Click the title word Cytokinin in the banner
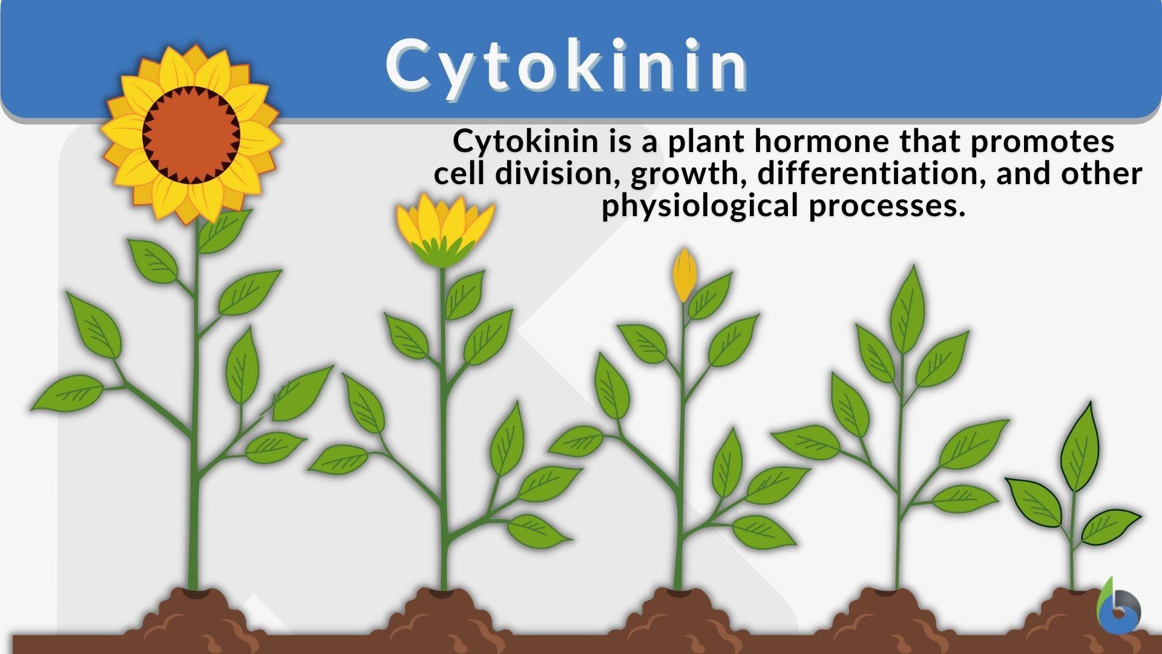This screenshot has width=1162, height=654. pyautogui.click(x=568, y=65)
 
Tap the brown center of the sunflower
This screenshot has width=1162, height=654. pyautogui.click(x=191, y=135)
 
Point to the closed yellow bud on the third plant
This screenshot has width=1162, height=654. pyautogui.click(x=684, y=274)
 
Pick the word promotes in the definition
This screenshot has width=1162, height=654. pyautogui.click(x=1043, y=141)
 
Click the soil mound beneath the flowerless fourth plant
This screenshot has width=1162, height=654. pyautogui.click(x=890, y=615)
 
